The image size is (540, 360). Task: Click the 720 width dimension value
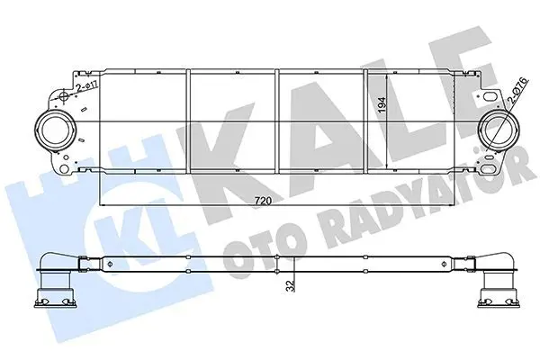(x=263, y=201)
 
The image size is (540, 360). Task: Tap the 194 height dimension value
(x=382, y=106)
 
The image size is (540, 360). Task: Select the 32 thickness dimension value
(x=291, y=286)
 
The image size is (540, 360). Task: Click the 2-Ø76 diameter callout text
(x=517, y=91)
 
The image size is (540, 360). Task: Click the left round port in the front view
(x=54, y=130)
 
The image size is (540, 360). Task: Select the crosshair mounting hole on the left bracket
(x=63, y=96)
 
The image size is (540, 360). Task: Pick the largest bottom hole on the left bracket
(x=64, y=169)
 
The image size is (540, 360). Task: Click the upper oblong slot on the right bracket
(x=490, y=96)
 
